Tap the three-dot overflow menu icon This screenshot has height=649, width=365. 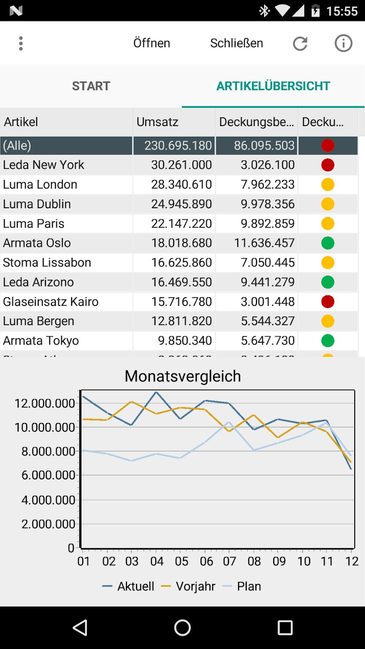20,43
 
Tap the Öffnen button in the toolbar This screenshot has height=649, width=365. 152,43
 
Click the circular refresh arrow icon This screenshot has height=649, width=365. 300,44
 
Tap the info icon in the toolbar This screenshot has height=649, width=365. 343,43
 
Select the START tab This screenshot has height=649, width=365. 91,86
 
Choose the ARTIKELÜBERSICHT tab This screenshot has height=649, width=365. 273,86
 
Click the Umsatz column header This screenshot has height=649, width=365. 157,122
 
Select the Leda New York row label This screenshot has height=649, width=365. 43,165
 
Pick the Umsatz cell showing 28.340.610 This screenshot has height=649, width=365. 182,185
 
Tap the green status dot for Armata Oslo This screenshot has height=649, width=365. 328,243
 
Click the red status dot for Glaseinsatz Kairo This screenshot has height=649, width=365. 328,302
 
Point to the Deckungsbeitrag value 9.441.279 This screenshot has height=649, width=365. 268,282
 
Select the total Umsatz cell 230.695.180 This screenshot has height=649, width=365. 178,145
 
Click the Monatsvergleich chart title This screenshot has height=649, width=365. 182,376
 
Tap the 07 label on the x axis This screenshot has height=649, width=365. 229,562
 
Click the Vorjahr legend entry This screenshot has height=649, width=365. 188,586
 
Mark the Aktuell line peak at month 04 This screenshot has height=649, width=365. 156,392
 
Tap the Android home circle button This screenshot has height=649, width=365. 182,628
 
